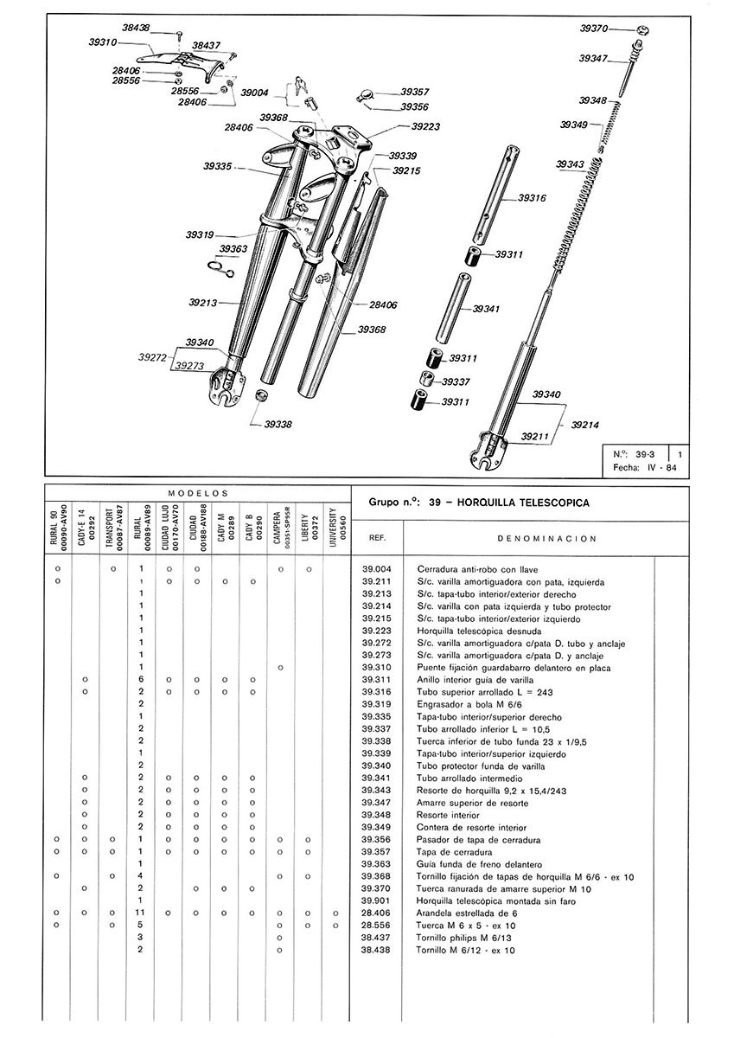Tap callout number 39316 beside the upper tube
[x=533, y=198]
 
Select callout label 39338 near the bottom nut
[x=278, y=424]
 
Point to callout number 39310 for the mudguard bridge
[x=103, y=41]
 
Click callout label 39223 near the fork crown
[x=425, y=125]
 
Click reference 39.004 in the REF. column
[x=377, y=569]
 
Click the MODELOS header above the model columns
[x=197, y=491]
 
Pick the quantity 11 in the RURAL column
[x=140, y=913]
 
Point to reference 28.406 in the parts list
[x=377, y=913]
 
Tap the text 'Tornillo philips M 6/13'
[x=465, y=938]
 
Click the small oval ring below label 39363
[x=222, y=267]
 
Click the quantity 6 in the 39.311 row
[x=140, y=680]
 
